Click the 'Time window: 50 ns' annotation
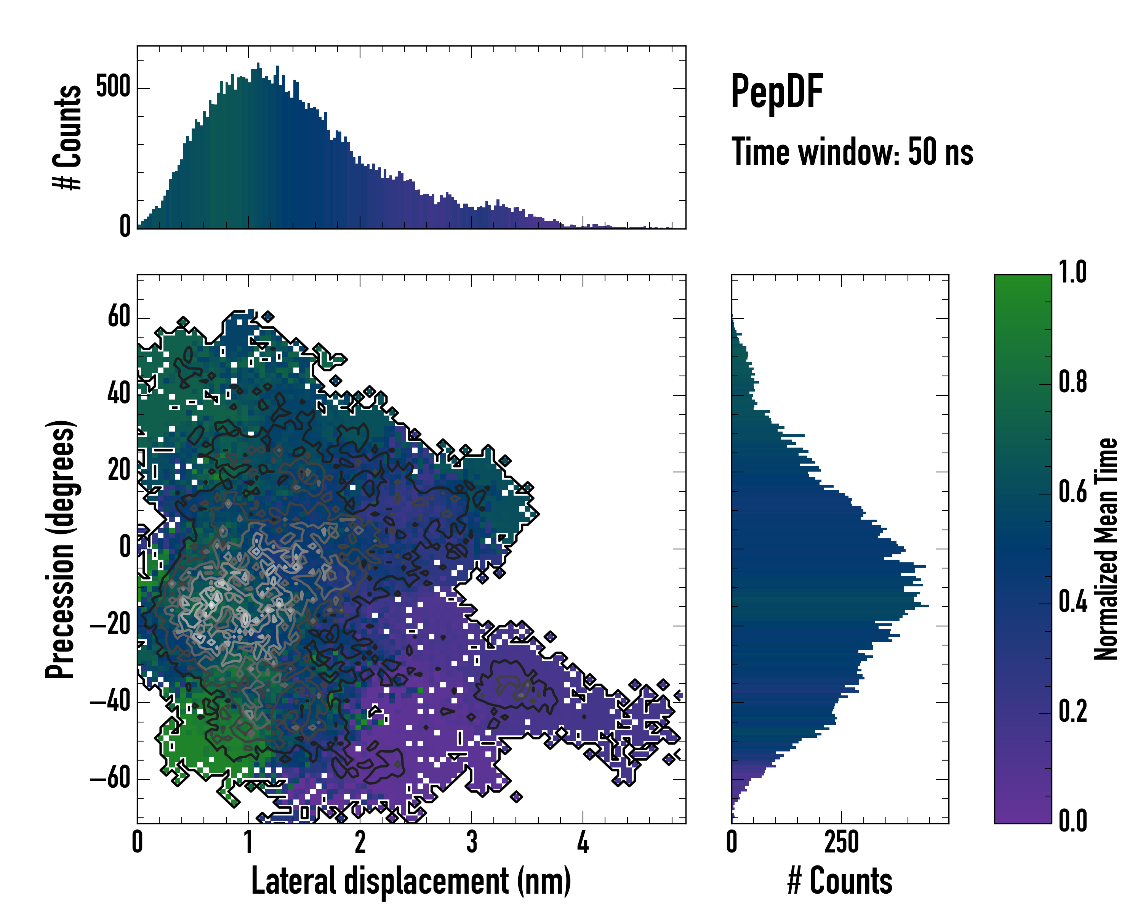852,152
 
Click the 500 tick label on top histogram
114,88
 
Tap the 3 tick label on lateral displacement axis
471,842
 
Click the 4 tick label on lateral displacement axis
583,842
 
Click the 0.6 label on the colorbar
1073,492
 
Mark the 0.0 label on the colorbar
1073,821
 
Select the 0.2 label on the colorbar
1073,711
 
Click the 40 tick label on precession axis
119,394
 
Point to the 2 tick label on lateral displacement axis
360,842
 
